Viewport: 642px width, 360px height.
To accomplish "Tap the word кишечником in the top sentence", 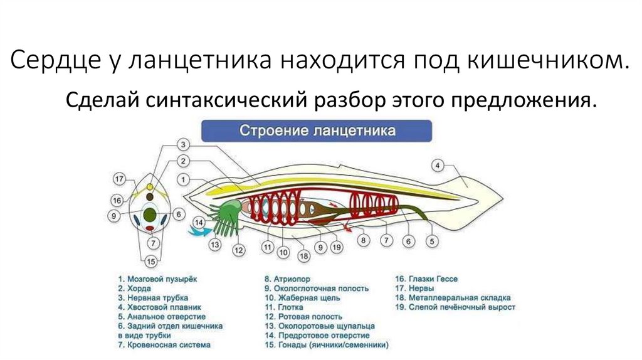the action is coord(545,61).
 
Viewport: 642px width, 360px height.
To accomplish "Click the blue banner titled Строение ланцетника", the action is coord(317,132).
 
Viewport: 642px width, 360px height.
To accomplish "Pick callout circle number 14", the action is coord(199,222).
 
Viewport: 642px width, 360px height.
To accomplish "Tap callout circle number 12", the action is coord(238,250).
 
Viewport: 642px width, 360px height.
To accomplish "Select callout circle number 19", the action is coord(337,248).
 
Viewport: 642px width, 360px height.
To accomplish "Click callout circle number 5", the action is coord(433,241).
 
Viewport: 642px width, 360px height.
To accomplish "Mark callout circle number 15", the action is coord(151,262).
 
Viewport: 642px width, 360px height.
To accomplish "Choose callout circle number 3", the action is coord(183,144).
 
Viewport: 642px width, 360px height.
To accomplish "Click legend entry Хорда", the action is coord(135,289).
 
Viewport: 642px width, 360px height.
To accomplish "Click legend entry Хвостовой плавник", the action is coord(157,307).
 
